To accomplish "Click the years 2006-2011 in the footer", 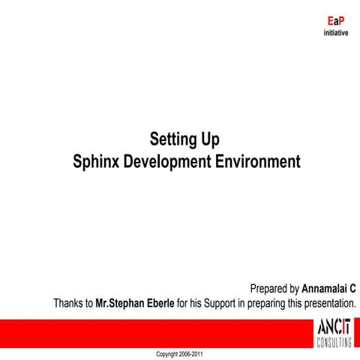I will pyautogui.click(x=191, y=353).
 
